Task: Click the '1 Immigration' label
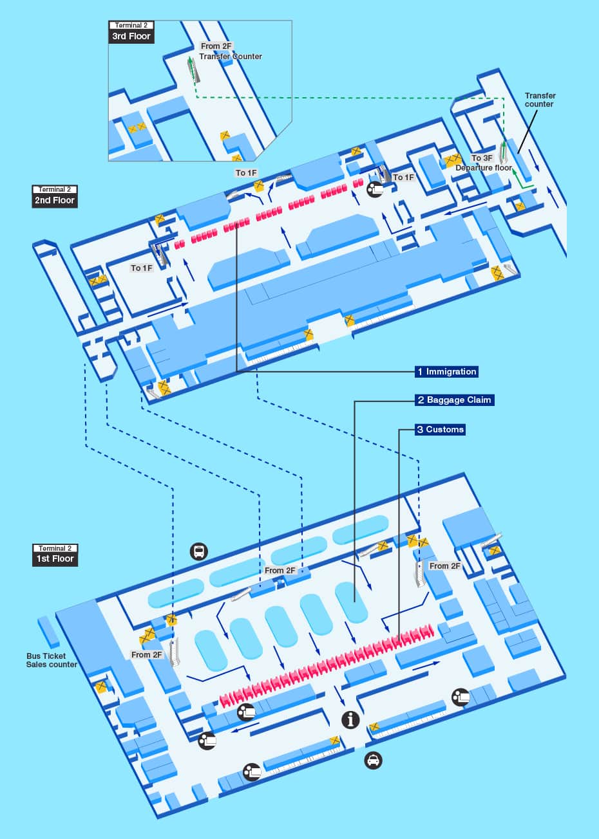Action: tap(447, 371)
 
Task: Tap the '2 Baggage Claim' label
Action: tap(454, 400)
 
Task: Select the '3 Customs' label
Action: tap(440, 429)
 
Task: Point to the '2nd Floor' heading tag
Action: tap(55, 200)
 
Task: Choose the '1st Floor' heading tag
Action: tap(55, 558)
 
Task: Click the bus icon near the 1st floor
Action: tap(198, 551)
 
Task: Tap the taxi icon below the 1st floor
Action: tap(373, 761)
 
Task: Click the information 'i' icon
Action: tap(350, 719)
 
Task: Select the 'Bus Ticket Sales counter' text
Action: tap(52, 660)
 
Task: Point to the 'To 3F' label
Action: tap(482, 158)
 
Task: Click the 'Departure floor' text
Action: tap(484, 168)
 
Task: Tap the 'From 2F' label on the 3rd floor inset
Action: tap(216, 46)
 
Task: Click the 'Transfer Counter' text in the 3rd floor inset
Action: tap(231, 57)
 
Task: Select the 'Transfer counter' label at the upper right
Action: tap(540, 100)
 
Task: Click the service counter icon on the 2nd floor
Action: tap(375, 189)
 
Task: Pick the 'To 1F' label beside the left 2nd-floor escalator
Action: tap(142, 268)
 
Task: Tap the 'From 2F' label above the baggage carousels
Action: tap(280, 570)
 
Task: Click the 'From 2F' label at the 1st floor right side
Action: tap(445, 566)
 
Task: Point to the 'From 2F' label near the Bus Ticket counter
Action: tap(147, 655)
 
